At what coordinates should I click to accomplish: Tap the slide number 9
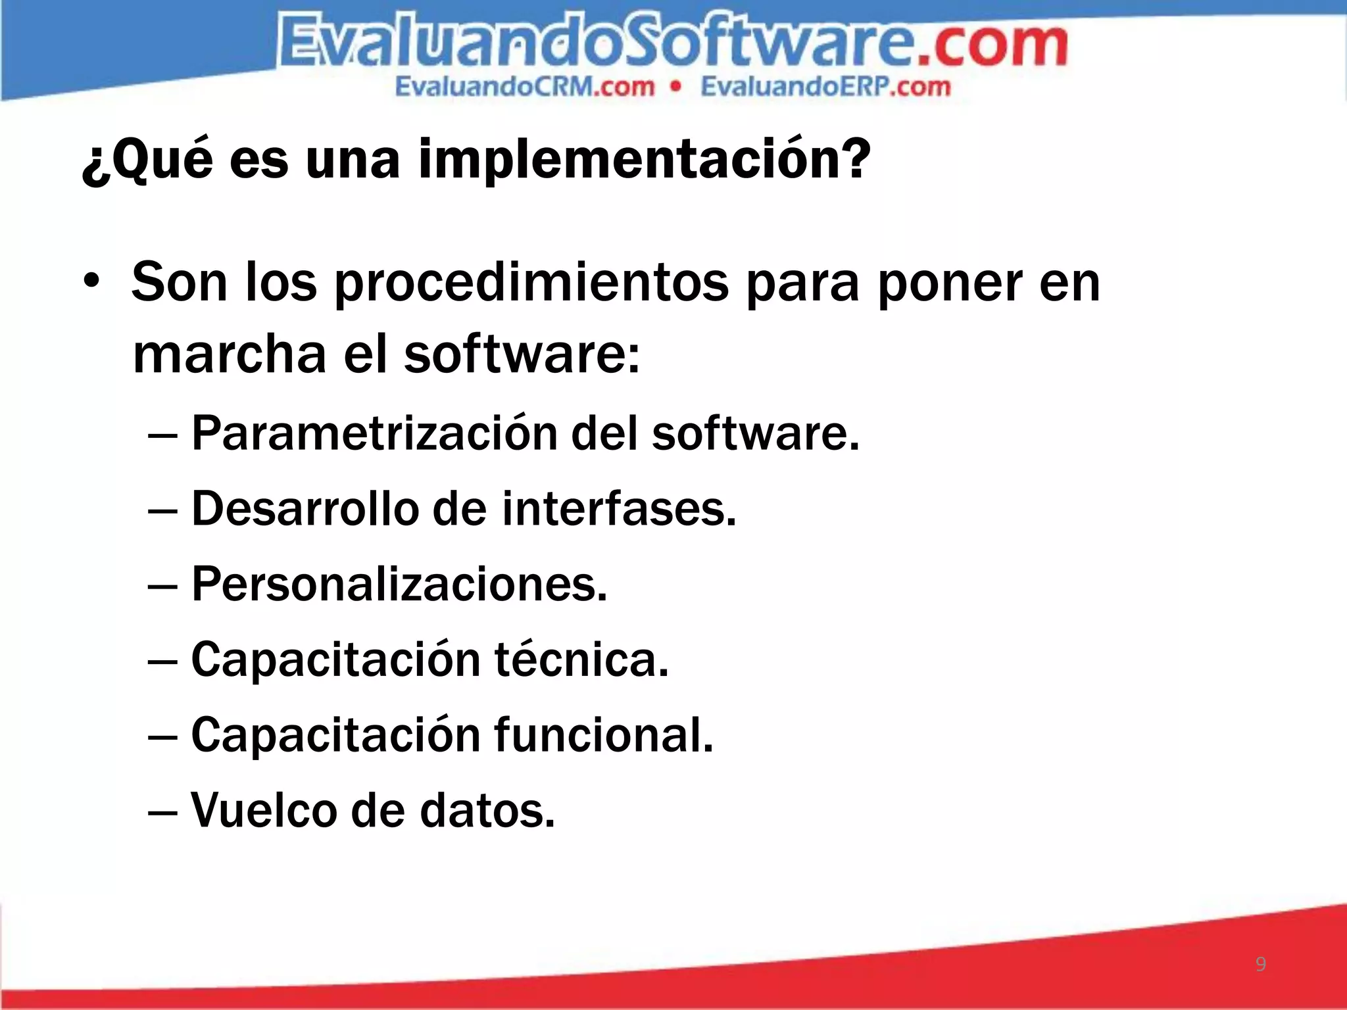(1260, 964)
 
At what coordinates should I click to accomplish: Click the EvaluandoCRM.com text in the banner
(525, 87)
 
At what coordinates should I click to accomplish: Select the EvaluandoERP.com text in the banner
(825, 87)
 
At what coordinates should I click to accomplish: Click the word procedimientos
(531, 283)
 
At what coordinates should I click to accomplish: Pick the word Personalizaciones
(399, 584)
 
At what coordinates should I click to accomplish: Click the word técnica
(581, 660)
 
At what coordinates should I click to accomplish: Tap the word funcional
(603, 734)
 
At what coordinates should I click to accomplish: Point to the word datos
(487, 810)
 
